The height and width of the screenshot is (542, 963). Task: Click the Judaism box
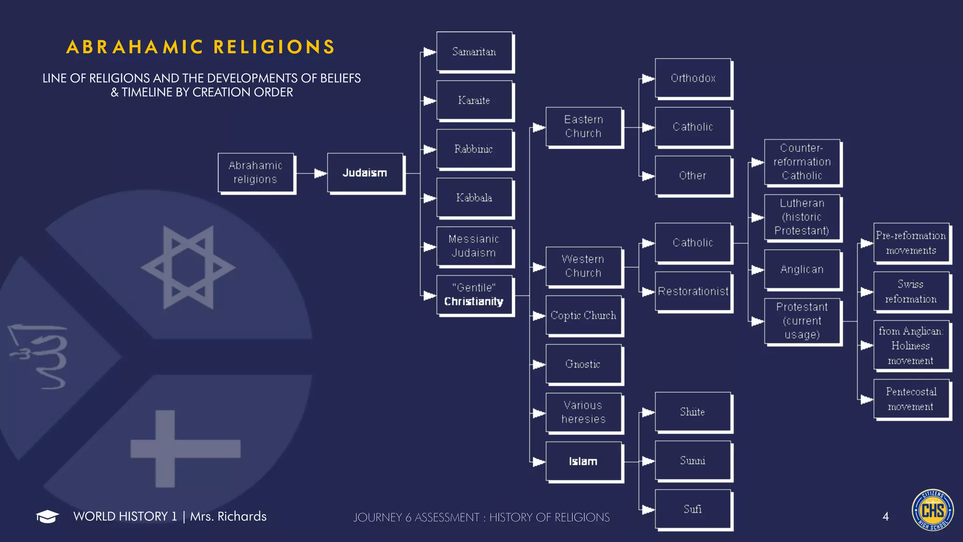(365, 173)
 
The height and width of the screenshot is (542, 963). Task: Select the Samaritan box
(474, 51)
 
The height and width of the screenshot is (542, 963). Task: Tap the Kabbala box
(474, 198)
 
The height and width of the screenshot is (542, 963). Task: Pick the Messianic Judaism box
(474, 246)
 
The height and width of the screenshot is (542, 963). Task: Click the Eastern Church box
(584, 127)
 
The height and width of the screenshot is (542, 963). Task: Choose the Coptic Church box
(584, 315)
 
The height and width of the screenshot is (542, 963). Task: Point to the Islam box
(584, 461)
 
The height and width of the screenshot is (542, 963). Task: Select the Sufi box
(693, 509)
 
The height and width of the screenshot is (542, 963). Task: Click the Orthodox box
(693, 78)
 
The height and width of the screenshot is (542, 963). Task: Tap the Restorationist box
(693, 291)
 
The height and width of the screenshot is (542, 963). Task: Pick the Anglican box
(802, 269)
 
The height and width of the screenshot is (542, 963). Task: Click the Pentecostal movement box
(911, 399)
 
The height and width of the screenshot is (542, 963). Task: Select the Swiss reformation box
(911, 291)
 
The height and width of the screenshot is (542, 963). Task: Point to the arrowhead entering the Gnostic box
(539, 364)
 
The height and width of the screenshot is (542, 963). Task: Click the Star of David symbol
(188, 267)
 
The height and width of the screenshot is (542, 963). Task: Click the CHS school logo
(932, 510)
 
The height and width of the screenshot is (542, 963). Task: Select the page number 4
(885, 517)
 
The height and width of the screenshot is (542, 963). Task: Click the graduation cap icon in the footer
(47, 516)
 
